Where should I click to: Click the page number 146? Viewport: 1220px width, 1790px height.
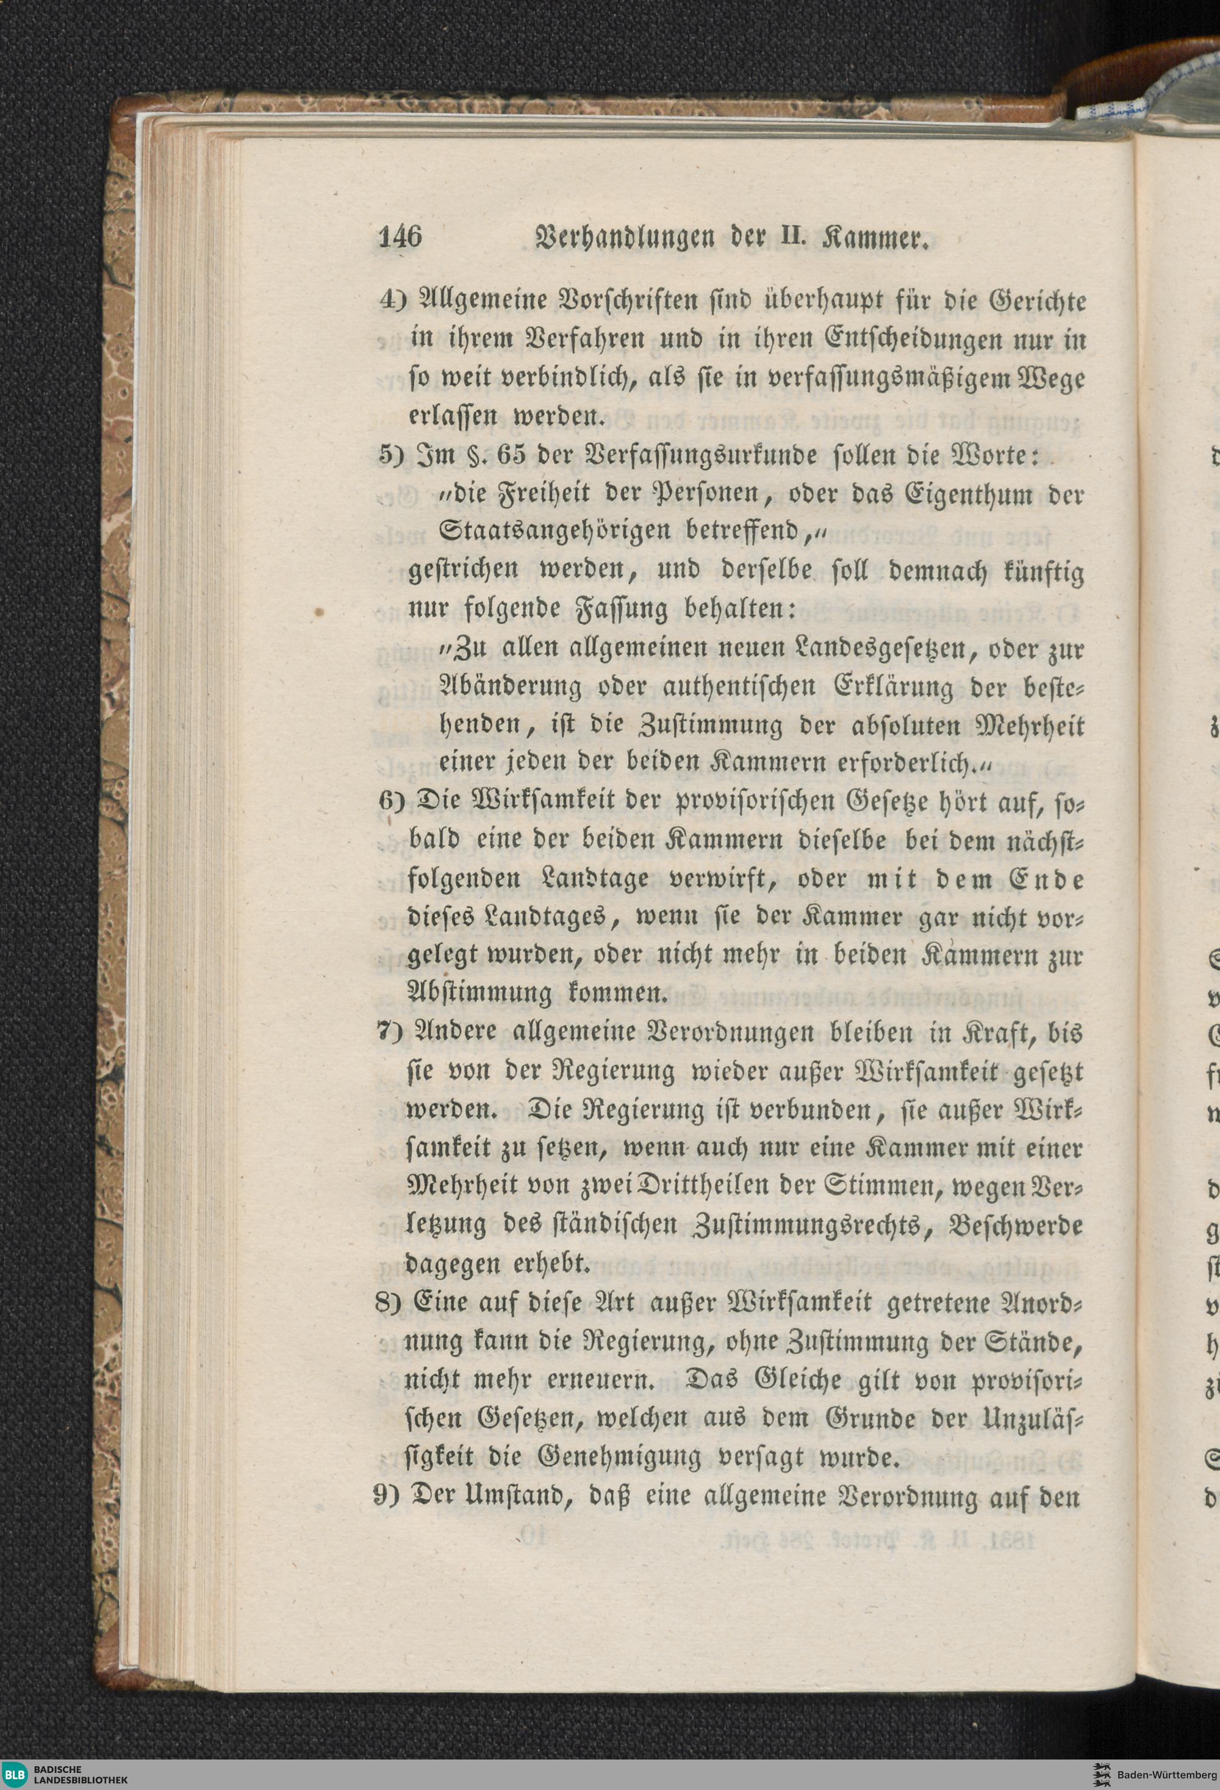click(x=401, y=237)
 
